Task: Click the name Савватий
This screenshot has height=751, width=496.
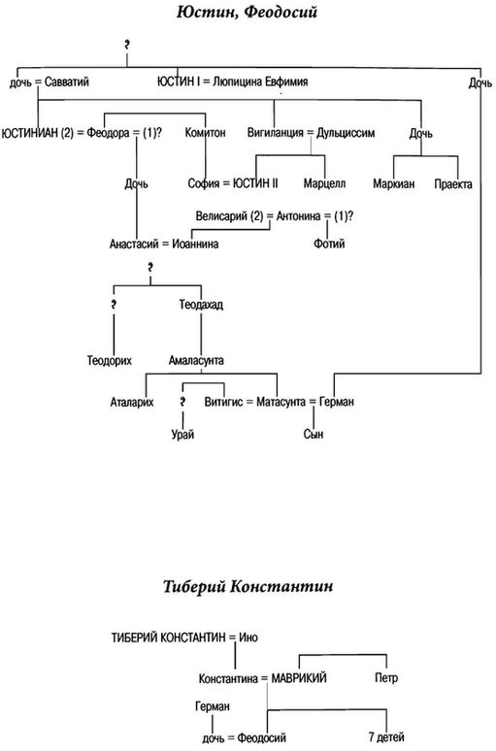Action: click(x=67, y=82)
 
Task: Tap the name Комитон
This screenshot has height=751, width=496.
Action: click(x=205, y=132)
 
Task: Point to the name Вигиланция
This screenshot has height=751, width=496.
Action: click(x=275, y=133)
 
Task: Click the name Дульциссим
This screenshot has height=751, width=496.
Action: click(x=346, y=133)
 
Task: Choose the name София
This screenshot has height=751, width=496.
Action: click(x=204, y=183)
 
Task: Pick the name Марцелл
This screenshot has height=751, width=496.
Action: click(x=324, y=183)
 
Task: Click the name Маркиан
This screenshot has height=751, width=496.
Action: click(x=394, y=184)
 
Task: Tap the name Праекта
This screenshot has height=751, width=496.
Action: click(x=453, y=184)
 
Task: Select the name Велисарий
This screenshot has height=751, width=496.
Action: click(x=222, y=216)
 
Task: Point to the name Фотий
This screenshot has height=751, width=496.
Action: click(x=329, y=244)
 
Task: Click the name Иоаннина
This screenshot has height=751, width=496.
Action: click(x=195, y=244)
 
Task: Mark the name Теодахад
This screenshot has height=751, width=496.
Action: click(x=201, y=305)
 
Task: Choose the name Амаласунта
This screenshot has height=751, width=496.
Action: click(x=196, y=360)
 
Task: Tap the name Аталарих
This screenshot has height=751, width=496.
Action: click(x=132, y=402)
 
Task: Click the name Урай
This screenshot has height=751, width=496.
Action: click(x=182, y=435)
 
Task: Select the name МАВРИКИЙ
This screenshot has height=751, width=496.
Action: click(x=299, y=678)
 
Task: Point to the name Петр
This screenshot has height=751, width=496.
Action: click(x=386, y=678)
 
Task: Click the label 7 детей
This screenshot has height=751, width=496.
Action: click(x=386, y=737)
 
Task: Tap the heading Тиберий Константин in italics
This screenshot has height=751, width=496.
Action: click(x=248, y=586)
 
